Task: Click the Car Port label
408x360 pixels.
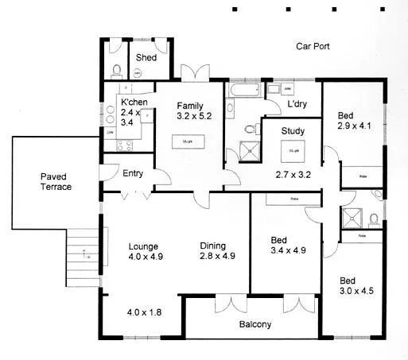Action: [x=313, y=47]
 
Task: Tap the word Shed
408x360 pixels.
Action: [x=146, y=58]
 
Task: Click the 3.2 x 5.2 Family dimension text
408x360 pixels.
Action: [x=194, y=117]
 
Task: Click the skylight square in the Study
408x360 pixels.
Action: [x=293, y=149]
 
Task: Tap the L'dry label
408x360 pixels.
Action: [x=298, y=105]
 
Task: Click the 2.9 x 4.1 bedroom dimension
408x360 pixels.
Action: [x=354, y=126]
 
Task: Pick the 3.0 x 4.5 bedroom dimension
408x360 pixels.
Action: [x=356, y=291]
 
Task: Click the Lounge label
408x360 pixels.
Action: [x=145, y=246]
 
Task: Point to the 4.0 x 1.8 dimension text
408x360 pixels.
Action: [x=144, y=313]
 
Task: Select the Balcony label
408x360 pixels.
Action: [x=255, y=324]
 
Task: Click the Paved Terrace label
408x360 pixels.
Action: [x=56, y=181]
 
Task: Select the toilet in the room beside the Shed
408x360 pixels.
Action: [x=116, y=68]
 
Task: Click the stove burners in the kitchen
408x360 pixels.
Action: [x=125, y=145]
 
